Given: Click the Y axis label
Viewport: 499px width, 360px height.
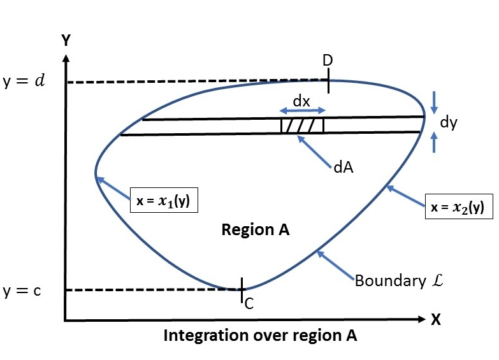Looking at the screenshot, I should (66, 40).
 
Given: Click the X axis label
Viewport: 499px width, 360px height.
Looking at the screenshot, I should (436, 320).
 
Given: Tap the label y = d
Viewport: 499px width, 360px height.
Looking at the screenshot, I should (24, 82).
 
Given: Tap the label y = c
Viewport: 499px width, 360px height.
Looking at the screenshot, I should (22, 292).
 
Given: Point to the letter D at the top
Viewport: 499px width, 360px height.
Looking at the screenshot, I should (328, 61).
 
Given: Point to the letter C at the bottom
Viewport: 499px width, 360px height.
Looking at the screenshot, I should (249, 304).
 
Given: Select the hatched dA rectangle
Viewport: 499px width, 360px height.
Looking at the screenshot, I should (302, 126).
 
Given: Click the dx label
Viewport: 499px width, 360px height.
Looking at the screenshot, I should (301, 100).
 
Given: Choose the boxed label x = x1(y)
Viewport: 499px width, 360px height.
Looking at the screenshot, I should (163, 201).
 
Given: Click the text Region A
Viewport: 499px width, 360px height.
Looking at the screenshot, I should (256, 230).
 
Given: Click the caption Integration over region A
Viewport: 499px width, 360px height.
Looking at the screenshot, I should (261, 336).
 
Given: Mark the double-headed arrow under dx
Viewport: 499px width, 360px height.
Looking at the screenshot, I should (303, 111).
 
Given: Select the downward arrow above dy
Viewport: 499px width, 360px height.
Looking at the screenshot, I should (434, 101).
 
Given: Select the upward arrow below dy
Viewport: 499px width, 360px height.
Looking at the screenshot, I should (434, 142).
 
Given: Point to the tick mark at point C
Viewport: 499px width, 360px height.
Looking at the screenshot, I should (242, 290).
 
